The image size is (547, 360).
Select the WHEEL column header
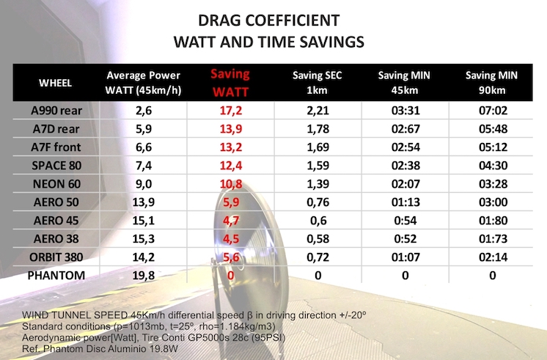[x=55, y=83]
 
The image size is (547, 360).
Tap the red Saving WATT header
[x=230, y=83]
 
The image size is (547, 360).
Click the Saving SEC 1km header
[x=317, y=83]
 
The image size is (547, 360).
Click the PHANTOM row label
[x=56, y=275]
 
